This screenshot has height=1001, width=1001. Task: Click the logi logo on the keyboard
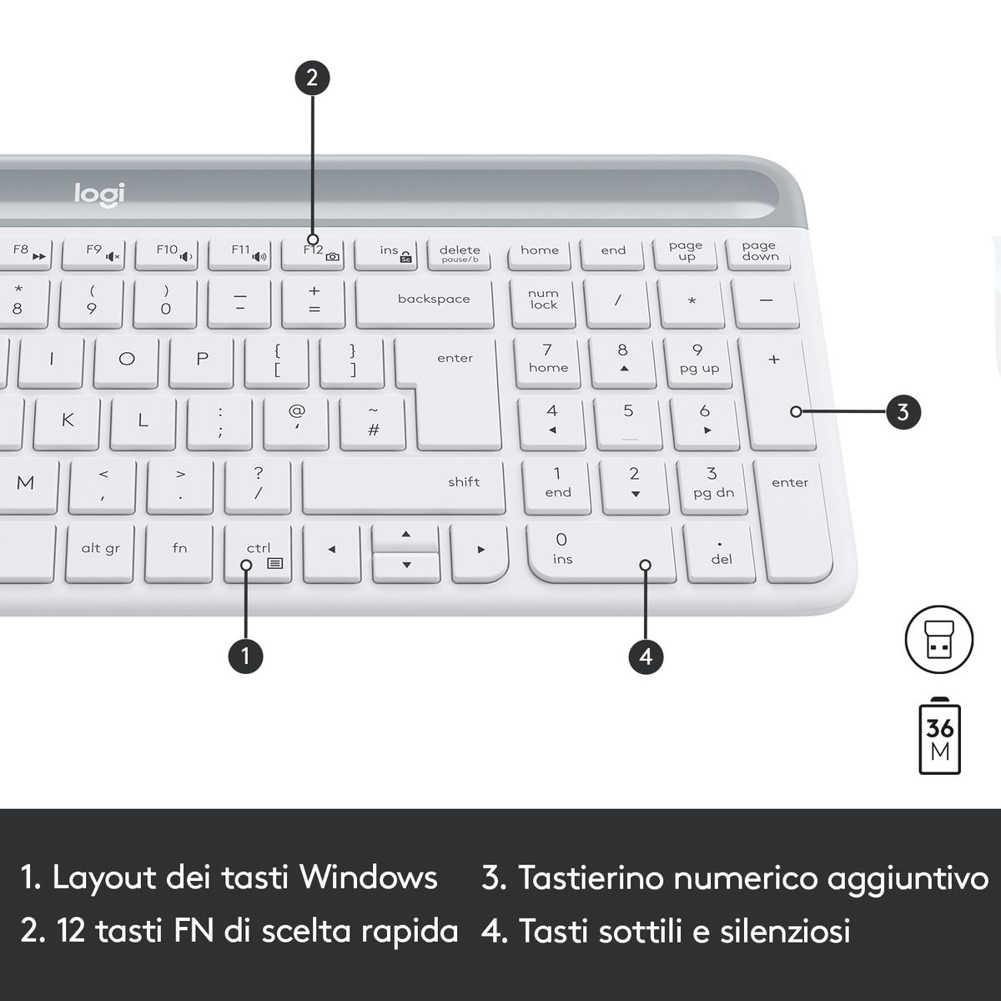click(x=99, y=194)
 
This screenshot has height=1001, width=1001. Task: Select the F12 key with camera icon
click(x=313, y=254)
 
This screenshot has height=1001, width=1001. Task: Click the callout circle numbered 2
click(x=312, y=78)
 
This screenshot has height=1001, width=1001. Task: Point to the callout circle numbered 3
click(x=903, y=412)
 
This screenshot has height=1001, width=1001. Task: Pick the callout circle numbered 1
click(x=246, y=656)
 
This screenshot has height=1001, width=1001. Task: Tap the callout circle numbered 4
click(x=646, y=656)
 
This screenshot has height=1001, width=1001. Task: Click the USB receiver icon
click(x=939, y=640)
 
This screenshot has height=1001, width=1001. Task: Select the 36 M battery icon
click(x=940, y=736)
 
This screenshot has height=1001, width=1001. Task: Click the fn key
click(x=179, y=553)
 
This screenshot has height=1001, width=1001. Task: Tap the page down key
click(x=759, y=254)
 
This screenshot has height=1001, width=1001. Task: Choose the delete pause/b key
click(x=459, y=254)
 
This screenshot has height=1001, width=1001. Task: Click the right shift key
click(x=404, y=487)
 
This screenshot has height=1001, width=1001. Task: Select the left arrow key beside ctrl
click(x=332, y=552)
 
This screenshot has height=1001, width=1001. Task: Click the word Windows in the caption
click(x=369, y=878)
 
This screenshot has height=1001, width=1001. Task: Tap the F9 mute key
click(x=93, y=254)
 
